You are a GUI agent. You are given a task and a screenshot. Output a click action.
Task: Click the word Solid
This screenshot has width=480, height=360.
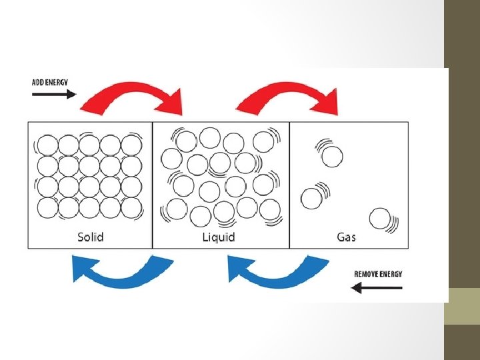click(91, 237)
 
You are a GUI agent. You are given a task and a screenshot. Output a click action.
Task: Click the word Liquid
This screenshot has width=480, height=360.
click(219, 237)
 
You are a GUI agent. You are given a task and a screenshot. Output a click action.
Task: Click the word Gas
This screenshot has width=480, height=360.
click(346, 237)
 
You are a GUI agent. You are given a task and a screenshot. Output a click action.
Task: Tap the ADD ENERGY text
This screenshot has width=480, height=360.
click(50, 82)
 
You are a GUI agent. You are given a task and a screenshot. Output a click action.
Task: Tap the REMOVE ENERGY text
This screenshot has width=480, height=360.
click(378, 274)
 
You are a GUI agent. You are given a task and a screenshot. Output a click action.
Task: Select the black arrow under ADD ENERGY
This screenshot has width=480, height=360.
click(53, 94)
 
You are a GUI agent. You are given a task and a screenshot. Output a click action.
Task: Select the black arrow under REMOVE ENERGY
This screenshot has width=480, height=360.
click(377, 287)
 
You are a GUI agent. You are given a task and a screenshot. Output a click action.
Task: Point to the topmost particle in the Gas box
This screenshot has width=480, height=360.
click(331, 157)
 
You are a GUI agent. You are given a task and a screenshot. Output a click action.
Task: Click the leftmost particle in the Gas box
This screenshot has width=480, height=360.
click(311, 198)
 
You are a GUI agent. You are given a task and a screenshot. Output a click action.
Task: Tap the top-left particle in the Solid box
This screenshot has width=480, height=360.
click(47, 145)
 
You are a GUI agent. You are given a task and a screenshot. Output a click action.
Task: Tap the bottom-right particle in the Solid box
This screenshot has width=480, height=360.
click(131, 207)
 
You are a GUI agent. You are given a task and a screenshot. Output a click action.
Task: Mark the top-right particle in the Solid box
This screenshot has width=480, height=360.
click(131, 145)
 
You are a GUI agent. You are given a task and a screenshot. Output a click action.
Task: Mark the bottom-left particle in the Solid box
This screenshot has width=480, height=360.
click(47, 207)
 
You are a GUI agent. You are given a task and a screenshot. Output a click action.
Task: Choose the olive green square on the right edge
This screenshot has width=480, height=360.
click(462, 306)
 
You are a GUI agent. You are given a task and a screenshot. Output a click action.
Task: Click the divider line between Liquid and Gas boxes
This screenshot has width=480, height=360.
click(289, 185)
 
